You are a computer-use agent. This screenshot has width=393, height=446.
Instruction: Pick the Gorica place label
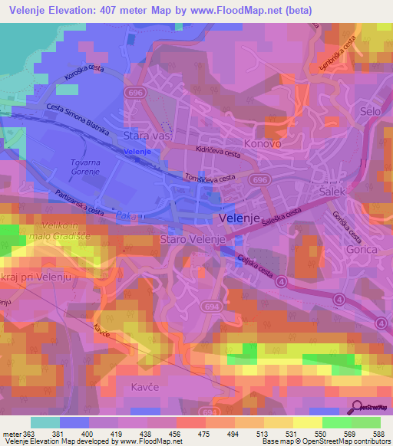362,249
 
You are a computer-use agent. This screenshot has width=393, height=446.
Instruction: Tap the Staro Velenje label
192,240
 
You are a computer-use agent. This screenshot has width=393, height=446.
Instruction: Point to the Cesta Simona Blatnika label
78,119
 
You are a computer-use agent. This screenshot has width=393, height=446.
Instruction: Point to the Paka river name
126,217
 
